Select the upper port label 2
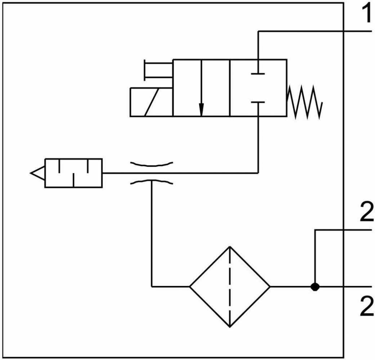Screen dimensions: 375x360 click(367, 212)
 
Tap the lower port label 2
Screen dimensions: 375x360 click(367, 306)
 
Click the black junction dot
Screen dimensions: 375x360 click(315, 286)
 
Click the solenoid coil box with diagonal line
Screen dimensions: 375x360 click(151, 102)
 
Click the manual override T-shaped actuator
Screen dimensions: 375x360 click(158, 70)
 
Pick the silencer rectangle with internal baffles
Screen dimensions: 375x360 click(73, 173)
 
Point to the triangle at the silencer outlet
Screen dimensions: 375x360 click(37, 173)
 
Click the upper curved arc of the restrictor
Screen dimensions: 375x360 click(151, 164)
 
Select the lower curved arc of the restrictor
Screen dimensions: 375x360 click(151, 182)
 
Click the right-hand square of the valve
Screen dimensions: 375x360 click(258, 88)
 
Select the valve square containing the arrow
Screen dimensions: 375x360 click(201, 88)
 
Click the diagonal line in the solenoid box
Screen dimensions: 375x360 click(151, 102)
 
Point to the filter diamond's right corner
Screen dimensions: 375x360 click(270, 286)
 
